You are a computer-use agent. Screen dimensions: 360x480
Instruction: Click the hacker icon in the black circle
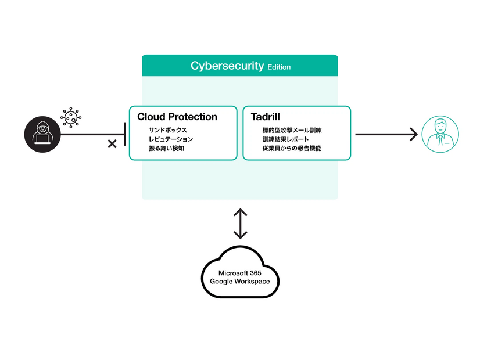pos(42,134)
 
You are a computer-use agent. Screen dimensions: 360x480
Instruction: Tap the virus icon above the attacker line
pos(70,117)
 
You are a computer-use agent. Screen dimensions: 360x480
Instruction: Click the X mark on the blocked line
pos(112,143)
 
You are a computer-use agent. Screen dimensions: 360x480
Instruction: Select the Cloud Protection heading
pos(177,117)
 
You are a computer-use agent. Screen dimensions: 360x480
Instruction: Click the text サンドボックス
pos(167,131)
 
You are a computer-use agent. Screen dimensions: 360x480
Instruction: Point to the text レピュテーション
pos(171,139)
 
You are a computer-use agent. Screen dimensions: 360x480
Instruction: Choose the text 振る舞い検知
pos(166,149)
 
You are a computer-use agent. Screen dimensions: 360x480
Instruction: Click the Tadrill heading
pos(266,117)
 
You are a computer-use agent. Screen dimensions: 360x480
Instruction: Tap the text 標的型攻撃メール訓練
pos(292,131)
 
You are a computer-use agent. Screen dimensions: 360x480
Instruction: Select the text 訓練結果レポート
pos(286,139)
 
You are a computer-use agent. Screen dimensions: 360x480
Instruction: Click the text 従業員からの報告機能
pos(292,149)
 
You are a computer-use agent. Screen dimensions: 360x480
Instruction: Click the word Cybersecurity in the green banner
pos(227,66)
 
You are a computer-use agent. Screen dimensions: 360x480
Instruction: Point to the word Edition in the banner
pos(279,67)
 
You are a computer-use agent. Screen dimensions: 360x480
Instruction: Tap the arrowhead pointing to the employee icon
pos(413,134)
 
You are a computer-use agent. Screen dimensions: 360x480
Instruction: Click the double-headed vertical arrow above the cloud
pos(240,224)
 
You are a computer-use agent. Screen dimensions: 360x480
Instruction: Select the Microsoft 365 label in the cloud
pos(240,273)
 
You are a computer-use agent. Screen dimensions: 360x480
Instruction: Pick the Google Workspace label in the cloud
pos(240,282)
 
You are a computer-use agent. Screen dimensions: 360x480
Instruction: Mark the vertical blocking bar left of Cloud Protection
pos(125,134)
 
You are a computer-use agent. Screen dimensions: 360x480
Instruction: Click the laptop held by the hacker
pos(42,139)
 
